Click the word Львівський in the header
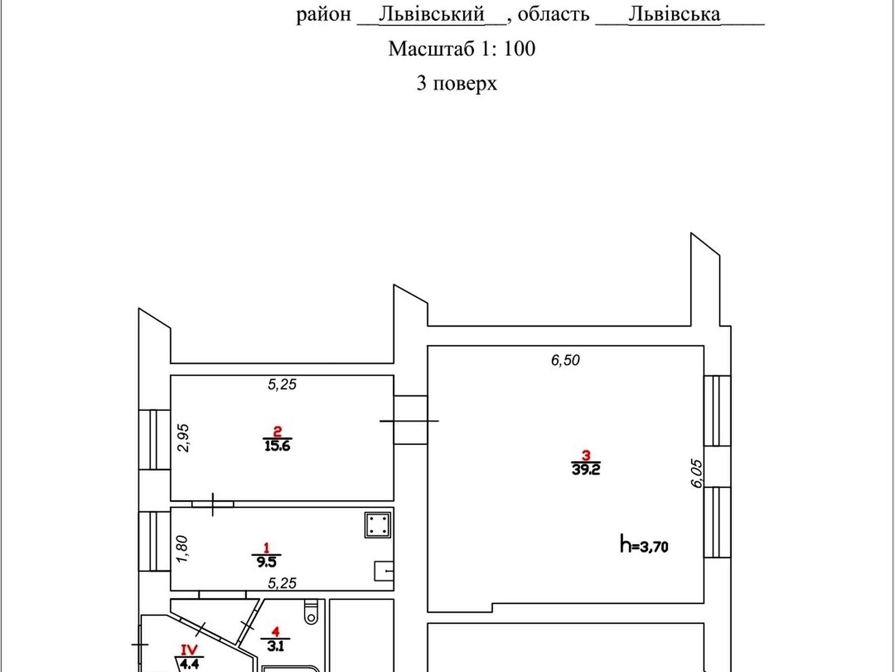tap(432, 14)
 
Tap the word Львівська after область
tap(674, 14)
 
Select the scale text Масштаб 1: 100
tap(462, 49)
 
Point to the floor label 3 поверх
tap(457, 83)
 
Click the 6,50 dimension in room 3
tap(565, 360)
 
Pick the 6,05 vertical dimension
tap(696, 474)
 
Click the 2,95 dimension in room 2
tap(184, 438)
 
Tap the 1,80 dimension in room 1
tap(182, 549)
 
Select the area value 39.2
tap(586, 469)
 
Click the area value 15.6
tap(277, 446)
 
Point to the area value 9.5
tap(266, 562)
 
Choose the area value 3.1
tap(275, 646)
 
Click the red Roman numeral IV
tap(189, 649)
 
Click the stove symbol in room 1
tap(378, 525)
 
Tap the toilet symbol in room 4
tap(311, 611)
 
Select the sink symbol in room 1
tap(384, 571)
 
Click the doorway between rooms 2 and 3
tap(410, 420)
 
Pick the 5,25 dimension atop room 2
tap(282, 385)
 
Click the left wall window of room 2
tap(154, 440)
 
